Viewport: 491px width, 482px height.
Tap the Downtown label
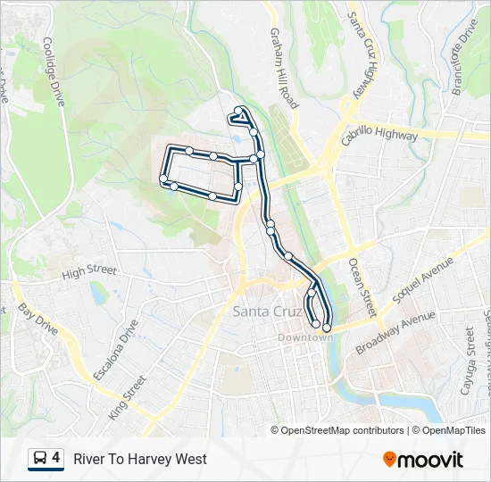[304, 337]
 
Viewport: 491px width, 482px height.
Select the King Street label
[127, 398]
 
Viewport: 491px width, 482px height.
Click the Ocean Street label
[362, 287]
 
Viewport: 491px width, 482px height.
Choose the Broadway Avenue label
[395, 332]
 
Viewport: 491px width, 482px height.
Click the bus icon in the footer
[41, 459]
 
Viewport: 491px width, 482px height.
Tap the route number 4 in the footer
[56, 458]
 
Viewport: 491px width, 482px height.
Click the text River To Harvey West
[140, 459]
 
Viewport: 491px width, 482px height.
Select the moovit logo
[423, 459]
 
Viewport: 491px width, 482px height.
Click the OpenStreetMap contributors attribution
[338, 430]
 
